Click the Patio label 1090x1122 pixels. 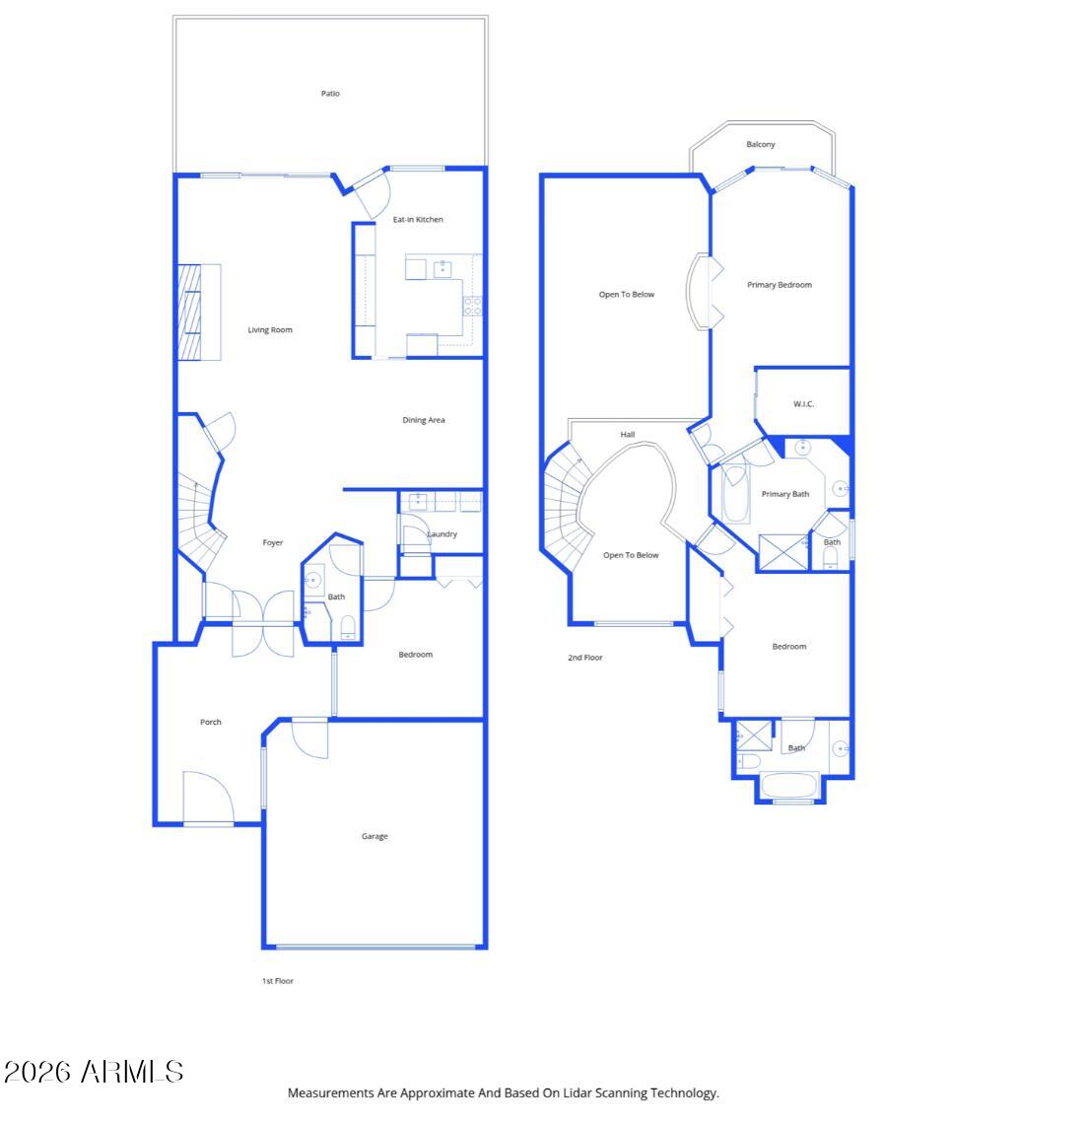[330, 94]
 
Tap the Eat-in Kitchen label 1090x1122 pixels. [418, 219]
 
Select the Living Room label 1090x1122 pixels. [270, 330]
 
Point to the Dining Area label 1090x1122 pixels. [424, 420]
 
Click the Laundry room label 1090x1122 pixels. [443, 534]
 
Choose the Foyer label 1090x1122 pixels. [273, 543]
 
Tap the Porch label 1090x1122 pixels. [211, 722]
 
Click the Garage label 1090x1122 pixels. [375, 836]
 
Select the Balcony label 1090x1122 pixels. [761, 145]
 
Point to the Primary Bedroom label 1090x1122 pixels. [780, 285]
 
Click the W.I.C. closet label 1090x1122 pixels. [804, 404]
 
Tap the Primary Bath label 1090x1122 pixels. [785, 494]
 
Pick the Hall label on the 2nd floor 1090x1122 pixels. [628, 435]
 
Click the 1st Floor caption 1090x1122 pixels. [278, 981]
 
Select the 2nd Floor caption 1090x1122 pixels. [585, 658]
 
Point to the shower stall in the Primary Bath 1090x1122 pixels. [783, 552]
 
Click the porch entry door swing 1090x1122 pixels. [205, 797]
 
